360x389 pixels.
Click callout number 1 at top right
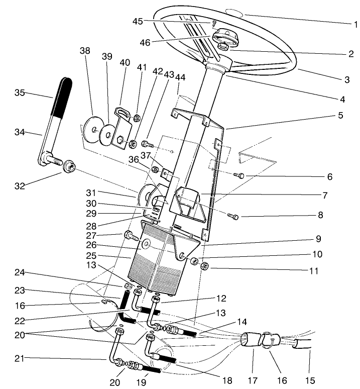(x=354, y=24)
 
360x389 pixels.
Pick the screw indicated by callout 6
(x=239, y=175)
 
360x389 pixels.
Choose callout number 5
(x=340, y=115)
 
